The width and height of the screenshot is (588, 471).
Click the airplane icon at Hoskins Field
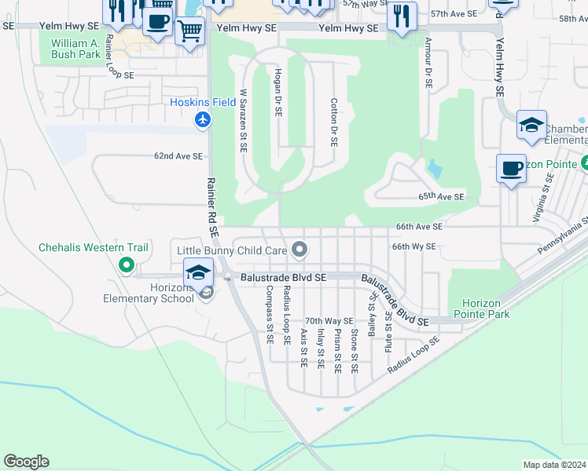point(203,119)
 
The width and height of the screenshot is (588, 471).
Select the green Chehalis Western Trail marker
point(126,265)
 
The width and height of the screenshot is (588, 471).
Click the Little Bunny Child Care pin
point(299,250)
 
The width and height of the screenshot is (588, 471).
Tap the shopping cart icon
point(189,31)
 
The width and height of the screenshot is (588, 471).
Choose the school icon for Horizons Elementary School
point(198,273)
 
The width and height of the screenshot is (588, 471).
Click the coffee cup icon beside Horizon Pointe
point(512,168)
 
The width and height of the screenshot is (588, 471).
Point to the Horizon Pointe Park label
point(486,309)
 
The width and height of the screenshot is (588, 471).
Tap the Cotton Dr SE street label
point(334,123)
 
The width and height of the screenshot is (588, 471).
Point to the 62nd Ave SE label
point(178,156)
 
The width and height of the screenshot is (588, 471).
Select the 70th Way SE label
point(329,321)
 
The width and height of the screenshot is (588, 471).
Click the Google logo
point(26,462)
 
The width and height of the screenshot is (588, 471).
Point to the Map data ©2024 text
point(553,465)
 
